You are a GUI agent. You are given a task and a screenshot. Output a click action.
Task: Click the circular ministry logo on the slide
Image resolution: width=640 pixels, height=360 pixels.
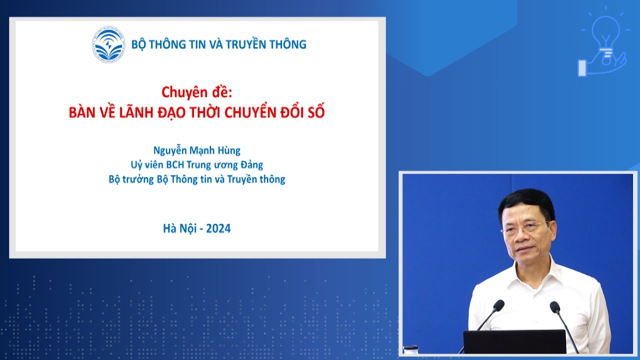click(108, 44)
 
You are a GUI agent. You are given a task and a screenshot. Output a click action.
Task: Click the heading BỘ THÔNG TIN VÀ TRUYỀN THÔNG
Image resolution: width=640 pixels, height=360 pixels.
click(218, 44)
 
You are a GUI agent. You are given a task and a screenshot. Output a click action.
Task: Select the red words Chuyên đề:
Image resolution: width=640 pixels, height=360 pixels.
click(197, 92)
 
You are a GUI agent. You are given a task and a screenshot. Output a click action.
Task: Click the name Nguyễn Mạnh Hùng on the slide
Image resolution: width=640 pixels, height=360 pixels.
click(196, 150)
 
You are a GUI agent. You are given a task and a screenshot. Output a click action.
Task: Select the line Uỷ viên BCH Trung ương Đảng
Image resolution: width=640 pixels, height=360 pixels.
click(196, 164)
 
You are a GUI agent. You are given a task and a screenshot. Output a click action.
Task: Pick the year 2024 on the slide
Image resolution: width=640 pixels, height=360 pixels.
click(218, 228)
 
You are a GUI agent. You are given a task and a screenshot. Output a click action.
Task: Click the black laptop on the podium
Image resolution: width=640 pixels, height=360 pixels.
click(514, 342)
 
